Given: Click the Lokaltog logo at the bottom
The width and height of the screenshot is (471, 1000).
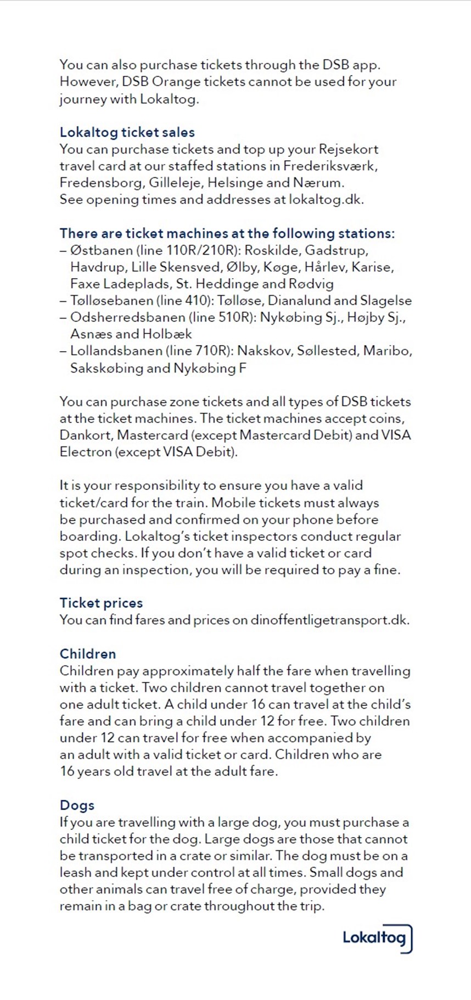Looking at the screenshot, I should click(x=377, y=938).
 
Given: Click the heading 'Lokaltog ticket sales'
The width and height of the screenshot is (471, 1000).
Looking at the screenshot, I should click(x=127, y=132).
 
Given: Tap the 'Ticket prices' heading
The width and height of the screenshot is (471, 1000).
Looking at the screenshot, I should click(x=101, y=603).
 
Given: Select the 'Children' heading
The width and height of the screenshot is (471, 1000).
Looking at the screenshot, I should click(x=88, y=654).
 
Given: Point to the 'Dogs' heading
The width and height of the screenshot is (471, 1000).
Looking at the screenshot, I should click(x=77, y=805).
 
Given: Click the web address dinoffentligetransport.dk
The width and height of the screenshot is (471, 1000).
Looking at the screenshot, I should click(x=329, y=620).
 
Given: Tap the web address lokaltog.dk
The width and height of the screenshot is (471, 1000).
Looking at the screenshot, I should click(x=326, y=200).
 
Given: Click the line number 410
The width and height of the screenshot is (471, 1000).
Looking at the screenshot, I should click(x=198, y=301).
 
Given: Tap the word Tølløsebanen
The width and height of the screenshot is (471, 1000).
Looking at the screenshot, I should click(x=111, y=301).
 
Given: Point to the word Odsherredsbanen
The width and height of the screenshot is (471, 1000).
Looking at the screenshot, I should click(x=127, y=317).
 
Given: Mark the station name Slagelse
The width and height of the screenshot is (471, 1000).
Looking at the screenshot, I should click(x=387, y=301).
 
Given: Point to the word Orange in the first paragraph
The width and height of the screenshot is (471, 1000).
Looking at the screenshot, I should click(x=176, y=82).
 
